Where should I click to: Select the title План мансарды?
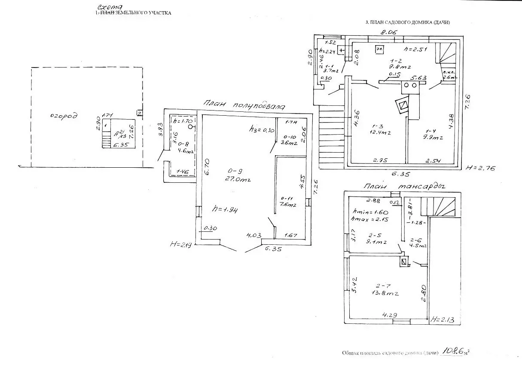403,186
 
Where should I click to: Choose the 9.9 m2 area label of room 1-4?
434,138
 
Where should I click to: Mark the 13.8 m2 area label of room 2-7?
385,293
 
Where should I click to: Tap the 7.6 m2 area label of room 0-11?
288,205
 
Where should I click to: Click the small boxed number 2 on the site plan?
139,113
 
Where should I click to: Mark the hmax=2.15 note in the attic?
368,219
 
